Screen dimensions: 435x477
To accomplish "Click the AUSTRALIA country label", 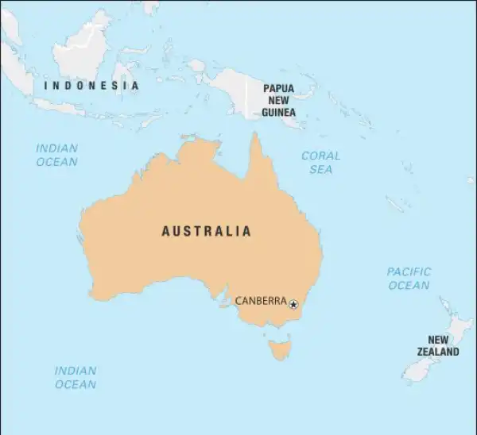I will coord(206,232).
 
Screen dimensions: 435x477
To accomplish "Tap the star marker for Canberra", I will coord(293,304).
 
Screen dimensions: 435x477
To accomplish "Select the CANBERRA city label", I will coord(261,301).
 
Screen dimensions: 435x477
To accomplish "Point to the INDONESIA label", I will coord(91,85).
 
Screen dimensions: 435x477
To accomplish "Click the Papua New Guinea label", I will coord(278,100).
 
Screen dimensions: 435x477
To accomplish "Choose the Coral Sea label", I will coord(320,163).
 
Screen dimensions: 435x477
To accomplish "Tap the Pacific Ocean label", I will coord(409,279).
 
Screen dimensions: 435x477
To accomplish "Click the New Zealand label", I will coord(438,345).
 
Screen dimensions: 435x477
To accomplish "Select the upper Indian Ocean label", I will coord(57,155).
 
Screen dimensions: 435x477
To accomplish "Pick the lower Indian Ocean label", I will coord(76,377).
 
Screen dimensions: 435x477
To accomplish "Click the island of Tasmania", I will coord(280,347).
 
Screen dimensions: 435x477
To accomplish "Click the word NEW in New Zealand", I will coord(438,340).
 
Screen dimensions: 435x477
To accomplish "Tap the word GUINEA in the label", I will coord(278,113).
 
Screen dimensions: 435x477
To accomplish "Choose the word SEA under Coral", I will coord(320,169).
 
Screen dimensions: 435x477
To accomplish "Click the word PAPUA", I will coord(278,88).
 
